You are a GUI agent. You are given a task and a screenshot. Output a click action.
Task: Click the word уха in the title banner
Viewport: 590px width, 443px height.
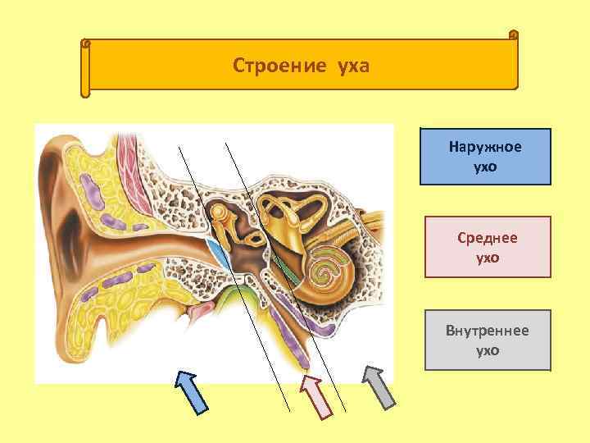pos(352,65)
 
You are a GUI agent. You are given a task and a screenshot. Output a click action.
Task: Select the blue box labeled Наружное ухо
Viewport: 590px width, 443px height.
pos(485,157)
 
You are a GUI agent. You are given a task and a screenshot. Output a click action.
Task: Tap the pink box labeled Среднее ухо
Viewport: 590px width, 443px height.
pos(487,247)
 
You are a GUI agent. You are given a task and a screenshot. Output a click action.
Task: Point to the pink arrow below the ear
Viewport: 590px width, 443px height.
pos(314,395)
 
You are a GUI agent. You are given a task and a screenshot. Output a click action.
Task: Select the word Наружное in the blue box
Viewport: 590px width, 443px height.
pos(485,148)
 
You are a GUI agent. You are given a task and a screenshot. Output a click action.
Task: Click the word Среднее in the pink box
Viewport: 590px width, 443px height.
pos(487,238)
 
